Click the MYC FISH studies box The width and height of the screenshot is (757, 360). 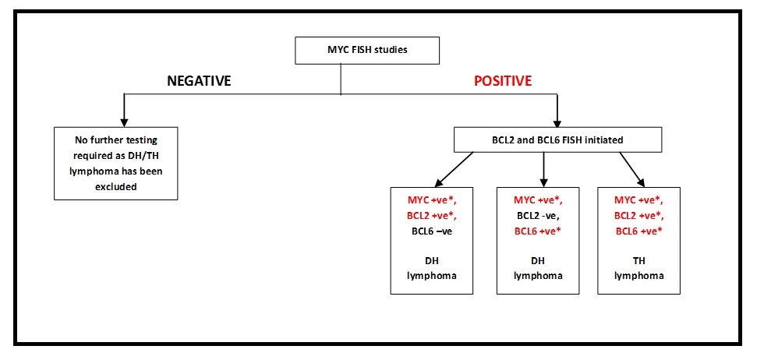coord(367,50)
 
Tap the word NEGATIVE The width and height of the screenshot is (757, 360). coord(199,80)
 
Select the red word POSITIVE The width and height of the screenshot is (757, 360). coord(503,80)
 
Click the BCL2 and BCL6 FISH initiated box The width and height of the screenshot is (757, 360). coord(558,140)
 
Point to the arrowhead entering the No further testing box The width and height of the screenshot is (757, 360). coord(124,122)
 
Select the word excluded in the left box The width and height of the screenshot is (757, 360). coord(116,186)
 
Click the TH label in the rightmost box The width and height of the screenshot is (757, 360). coord(638,261)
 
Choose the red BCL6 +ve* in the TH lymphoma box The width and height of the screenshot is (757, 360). coord(638,231)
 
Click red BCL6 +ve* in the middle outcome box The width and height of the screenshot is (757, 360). coord(538,231)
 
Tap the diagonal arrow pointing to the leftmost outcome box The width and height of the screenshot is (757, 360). coord(455,169)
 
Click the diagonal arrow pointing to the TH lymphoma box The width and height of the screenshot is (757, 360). coord(631,169)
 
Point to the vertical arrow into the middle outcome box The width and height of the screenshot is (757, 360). coord(544,169)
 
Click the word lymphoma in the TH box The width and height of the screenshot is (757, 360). coord(638,276)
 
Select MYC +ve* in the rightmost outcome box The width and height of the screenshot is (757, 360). coord(638,200)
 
